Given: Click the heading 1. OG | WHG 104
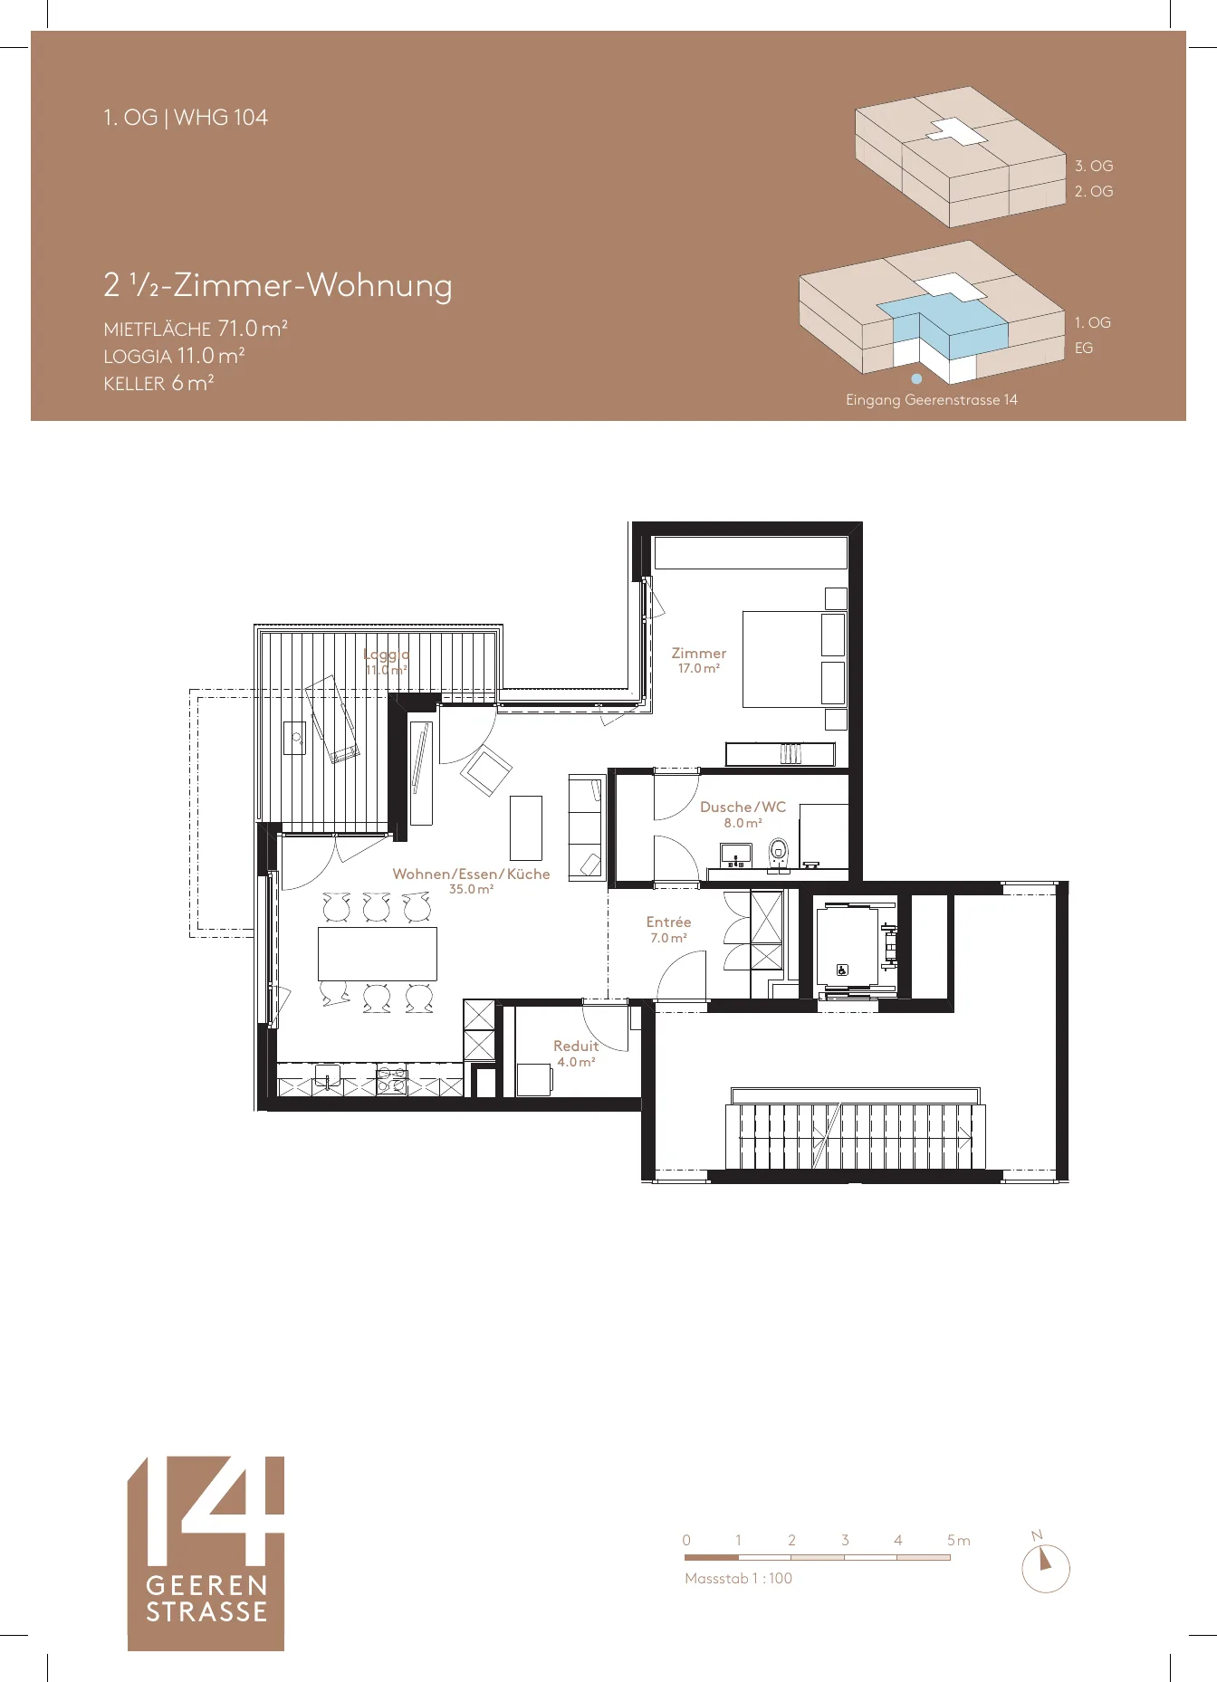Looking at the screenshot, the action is click(186, 118).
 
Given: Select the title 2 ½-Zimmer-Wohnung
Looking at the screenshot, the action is click(278, 285).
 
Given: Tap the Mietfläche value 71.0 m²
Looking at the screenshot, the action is click(253, 328).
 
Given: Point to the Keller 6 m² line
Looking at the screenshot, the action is click(158, 383).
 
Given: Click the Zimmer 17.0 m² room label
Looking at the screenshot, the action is click(698, 660).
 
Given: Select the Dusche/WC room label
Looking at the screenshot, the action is click(743, 807).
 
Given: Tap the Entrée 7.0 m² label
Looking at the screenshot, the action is click(668, 930).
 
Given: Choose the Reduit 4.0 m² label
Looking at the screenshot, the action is click(576, 1054).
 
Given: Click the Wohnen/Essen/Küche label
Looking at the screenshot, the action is click(471, 874).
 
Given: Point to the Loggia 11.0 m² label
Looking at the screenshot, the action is click(387, 662).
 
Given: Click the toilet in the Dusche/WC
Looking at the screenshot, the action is click(778, 852).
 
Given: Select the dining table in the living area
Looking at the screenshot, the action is click(378, 953).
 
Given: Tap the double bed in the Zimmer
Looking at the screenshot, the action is click(794, 659).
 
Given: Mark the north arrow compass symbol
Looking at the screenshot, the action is click(1046, 1568).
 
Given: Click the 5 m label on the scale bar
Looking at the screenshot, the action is click(958, 1540).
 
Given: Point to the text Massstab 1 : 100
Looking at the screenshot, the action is click(738, 1578).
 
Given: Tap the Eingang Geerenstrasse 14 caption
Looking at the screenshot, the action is click(932, 399).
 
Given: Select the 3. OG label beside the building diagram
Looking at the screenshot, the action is click(1094, 166).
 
